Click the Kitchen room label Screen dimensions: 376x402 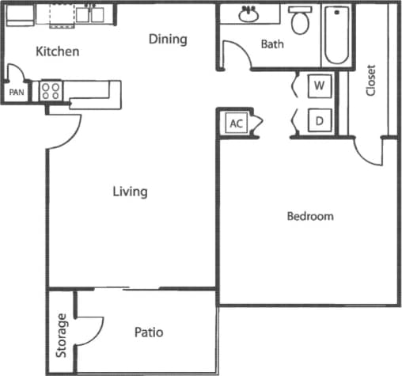(x=58, y=52)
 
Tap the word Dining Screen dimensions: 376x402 (x=168, y=39)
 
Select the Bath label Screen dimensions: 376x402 (x=272, y=44)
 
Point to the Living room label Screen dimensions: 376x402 (x=130, y=192)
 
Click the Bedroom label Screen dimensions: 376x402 (x=309, y=216)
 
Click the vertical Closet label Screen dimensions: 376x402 (x=370, y=80)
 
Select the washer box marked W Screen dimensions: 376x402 (x=319, y=85)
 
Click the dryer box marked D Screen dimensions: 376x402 (x=319, y=120)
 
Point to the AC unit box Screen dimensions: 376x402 (x=236, y=123)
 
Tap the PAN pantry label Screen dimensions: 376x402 (x=17, y=93)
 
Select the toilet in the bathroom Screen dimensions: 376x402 (x=300, y=21)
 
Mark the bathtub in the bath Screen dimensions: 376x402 (x=336, y=36)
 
